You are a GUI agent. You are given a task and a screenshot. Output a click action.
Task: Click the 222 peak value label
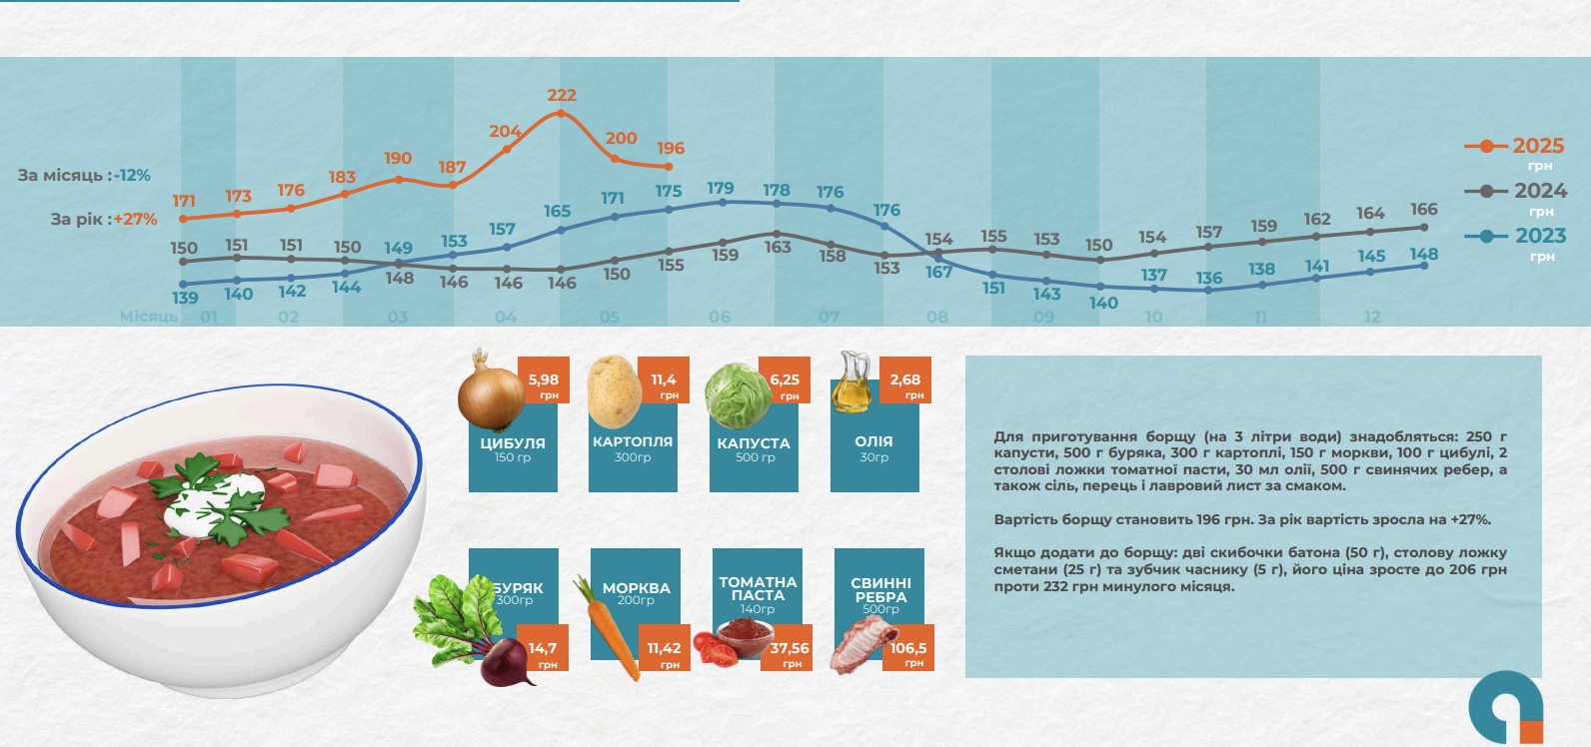tap(562, 96)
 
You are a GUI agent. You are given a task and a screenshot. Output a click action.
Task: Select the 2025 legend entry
tap(1515, 147)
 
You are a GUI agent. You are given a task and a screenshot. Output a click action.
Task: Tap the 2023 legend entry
tap(1516, 237)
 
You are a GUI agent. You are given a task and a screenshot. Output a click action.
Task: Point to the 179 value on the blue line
tap(720, 189)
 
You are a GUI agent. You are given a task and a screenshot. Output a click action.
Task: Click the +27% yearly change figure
tap(135, 220)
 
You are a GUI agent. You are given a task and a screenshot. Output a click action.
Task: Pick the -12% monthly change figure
tap(132, 176)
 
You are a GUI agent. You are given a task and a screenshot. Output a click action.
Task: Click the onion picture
tap(490, 393)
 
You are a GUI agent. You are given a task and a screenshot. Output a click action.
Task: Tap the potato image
tap(613, 391)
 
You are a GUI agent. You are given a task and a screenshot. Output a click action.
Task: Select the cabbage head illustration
tap(737, 395)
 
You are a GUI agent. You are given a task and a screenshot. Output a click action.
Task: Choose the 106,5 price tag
tap(908, 649)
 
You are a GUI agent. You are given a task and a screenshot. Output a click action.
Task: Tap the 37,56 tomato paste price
tap(790, 649)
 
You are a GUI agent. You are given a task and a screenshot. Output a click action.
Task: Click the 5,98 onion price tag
tap(544, 380)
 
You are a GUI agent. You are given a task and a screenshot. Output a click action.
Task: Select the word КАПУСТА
tap(754, 443)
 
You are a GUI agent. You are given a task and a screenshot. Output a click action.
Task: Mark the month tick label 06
tap(720, 318)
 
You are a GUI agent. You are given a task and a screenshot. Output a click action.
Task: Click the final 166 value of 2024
tap(1424, 210)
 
